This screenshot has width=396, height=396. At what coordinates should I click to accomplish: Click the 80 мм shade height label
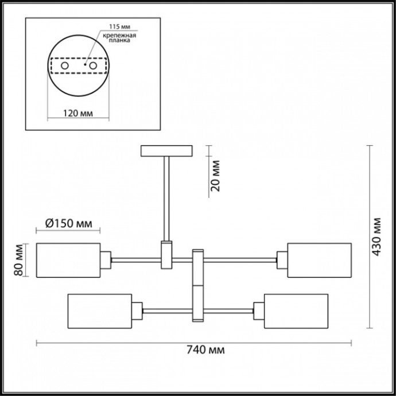click(x=19, y=259)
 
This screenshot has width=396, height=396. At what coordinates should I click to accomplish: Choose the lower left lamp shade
click(x=100, y=311)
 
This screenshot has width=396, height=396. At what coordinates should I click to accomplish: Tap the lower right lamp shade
click(x=295, y=311)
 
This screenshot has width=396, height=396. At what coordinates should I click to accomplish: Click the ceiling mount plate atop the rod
click(x=166, y=151)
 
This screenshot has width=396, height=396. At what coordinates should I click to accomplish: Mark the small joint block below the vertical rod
click(x=166, y=255)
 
